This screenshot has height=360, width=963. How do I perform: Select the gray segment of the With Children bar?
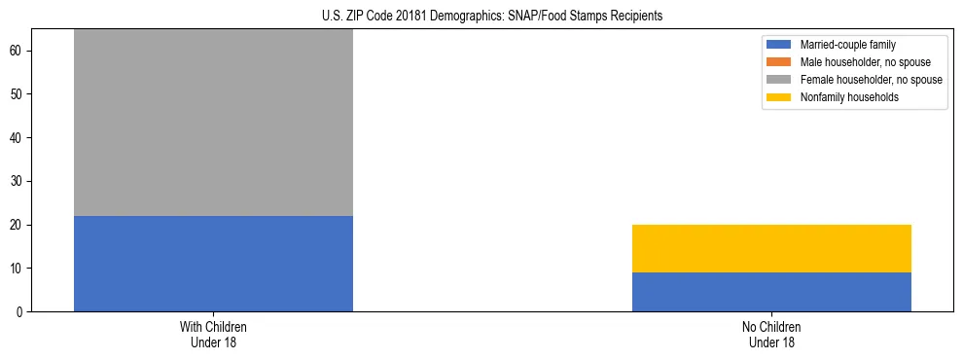pyautogui.click(x=213, y=123)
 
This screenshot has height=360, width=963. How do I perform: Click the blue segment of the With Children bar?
pyautogui.click(x=213, y=264)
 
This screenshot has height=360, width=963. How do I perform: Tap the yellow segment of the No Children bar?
pyautogui.click(x=771, y=248)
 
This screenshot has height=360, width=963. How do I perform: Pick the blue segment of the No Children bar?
pyautogui.click(x=771, y=292)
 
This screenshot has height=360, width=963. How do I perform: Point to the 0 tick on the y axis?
pyautogui.click(x=21, y=311)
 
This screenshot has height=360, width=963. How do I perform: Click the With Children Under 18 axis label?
pyautogui.click(x=213, y=334)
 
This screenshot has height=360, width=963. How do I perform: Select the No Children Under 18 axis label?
pyautogui.click(x=771, y=334)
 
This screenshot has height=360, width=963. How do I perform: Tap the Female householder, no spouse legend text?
pyautogui.click(x=871, y=80)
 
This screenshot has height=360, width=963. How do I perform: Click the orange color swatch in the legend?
pyautogui.click(x=779, y=62)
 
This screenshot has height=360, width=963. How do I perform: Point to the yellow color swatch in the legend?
pyautogui.click(x=779, y=97)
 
